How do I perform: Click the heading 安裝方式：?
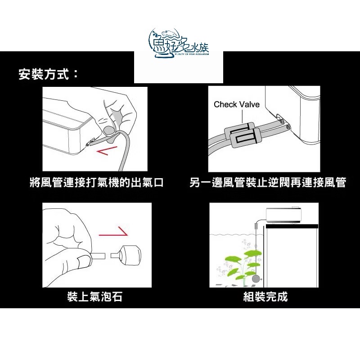pos(49,74)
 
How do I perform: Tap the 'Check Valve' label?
pos(237,104)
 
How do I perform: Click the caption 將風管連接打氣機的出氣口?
pos(96,183)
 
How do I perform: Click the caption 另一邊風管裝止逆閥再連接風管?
pos(268,183)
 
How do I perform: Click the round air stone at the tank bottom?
pos(257,279)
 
